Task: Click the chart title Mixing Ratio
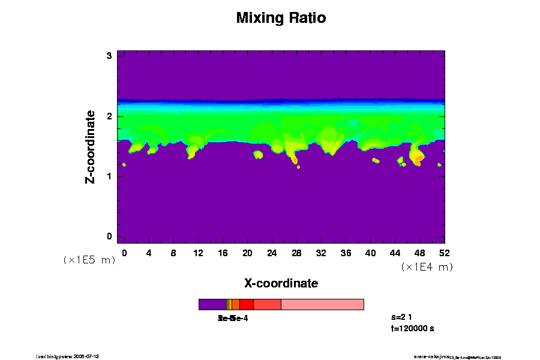[x=281, y=18]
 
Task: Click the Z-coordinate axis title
[x=90, y=146]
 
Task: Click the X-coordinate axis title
[x=281, y=283]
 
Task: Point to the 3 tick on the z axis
[x=110, y=56]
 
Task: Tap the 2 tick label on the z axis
[x=110, y=116]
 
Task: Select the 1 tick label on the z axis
[x=110, y=176]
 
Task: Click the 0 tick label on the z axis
[x=110, y=236]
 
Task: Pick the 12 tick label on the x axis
[x=198, y=253]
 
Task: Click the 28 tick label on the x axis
[x=296, y=253]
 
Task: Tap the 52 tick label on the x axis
[x=444, y=253]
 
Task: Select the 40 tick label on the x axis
[x=370, y=253]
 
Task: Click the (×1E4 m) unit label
[x=427, y=267]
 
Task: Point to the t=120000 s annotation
[x=412, y=328]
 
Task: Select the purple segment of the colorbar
[x=212, y=305]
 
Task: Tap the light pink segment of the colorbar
[x=322, y=305]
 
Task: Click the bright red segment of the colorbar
[x=246, y=305]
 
